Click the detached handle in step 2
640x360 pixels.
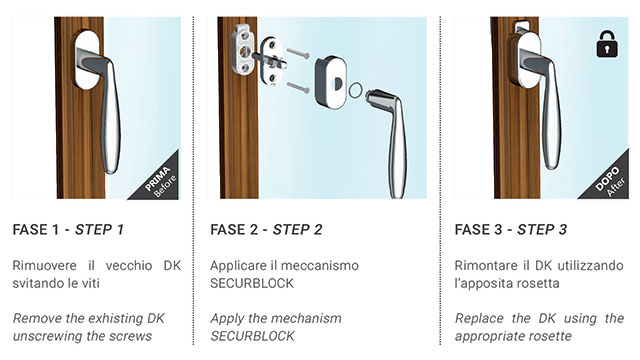point(393,120)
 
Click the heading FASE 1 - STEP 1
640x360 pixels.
point(69,230)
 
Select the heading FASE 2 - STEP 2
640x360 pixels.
point(266,230)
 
